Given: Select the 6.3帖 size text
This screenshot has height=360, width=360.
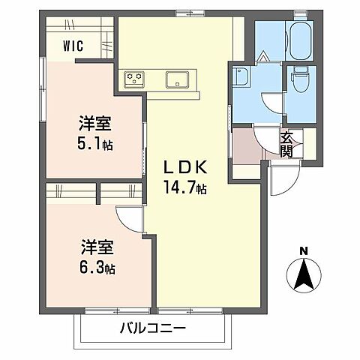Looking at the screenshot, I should pyautogui.click(x=98, y=266).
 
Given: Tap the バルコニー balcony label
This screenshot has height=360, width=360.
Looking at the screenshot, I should pyautogui.click(x=151, y=328).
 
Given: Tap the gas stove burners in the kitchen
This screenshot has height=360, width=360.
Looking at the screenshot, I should pyautogui.click(x=136, y=77).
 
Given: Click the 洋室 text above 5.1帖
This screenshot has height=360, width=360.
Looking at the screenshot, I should pyautogui.click(x=95, y=121).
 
